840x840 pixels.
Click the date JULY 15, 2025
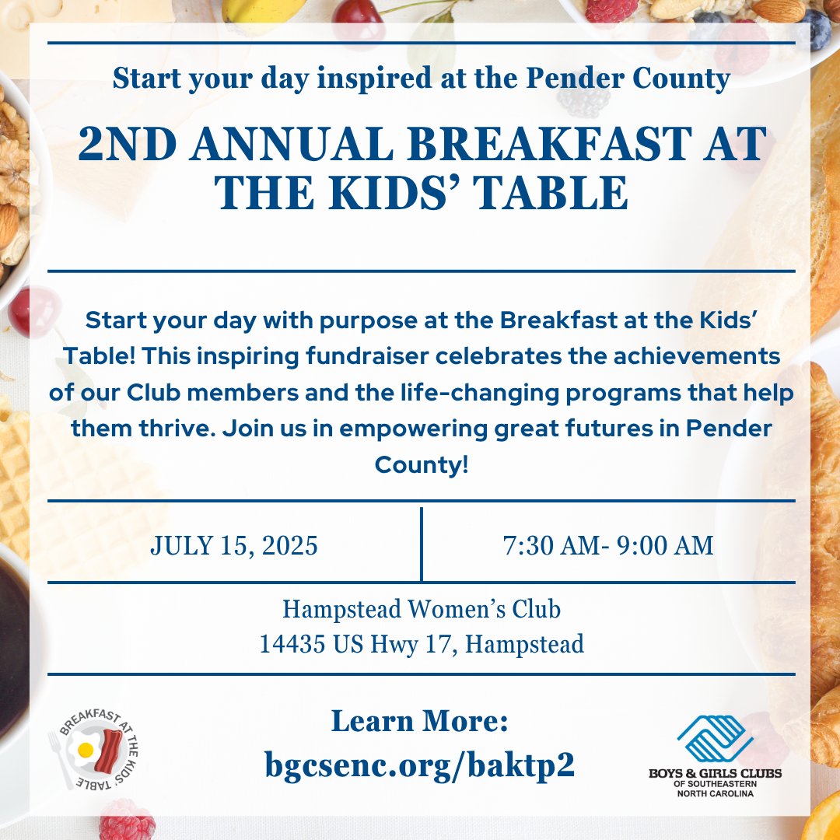click(234, 545)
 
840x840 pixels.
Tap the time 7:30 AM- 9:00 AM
click(608, 545)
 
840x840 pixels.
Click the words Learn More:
click(420, 722)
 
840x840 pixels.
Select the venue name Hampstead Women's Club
click(421, 609)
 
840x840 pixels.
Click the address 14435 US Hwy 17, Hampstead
click(421, 644)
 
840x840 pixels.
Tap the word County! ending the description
click(421, 465)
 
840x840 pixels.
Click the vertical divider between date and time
click(421, 544)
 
